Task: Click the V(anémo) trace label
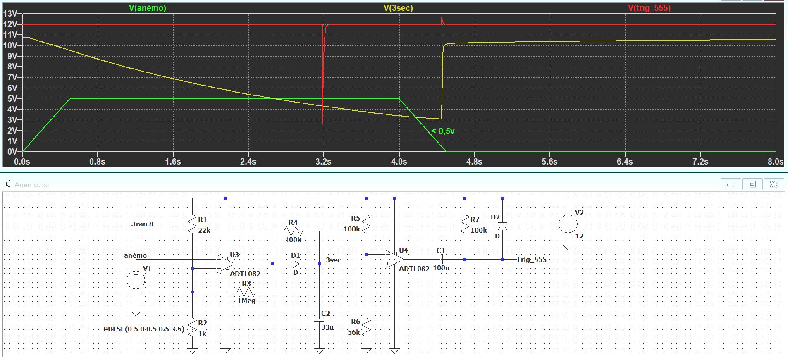click(148, 8)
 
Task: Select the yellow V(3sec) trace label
click(398, 8)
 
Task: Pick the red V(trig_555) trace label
click(649, 8)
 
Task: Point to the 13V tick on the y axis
click(10, 14)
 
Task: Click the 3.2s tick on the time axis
click(323, 162)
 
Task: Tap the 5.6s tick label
click(549, 162)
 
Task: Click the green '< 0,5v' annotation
click(443, 131)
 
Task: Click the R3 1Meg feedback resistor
click(246, 292)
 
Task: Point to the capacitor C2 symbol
click(319, 320)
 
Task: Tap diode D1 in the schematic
click(295, 264)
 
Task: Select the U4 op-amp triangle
click(394, 259)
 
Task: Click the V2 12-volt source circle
click(568, 224)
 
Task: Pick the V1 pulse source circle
click(136, 280)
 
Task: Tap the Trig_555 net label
click(531, 260)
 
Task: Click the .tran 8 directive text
click(142, 224)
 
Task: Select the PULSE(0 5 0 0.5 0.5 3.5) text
click(143, 329)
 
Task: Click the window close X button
click(774, 184)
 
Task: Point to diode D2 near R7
click(503, 226)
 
